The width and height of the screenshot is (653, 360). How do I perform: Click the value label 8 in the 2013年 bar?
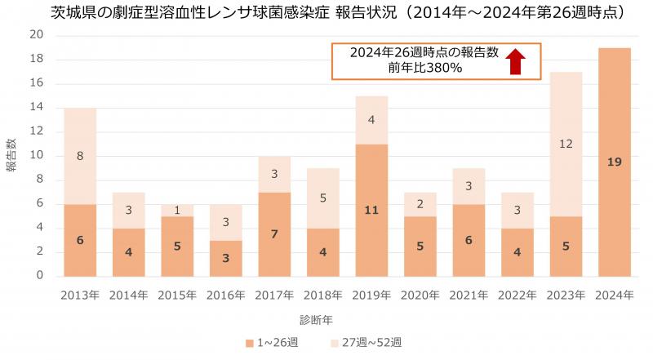(x=80, y=156)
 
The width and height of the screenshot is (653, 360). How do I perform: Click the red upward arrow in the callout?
(x=514, y=61)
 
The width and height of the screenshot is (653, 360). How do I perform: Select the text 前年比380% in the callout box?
(x=425, y=69)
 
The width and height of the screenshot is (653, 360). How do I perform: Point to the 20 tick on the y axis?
(x=36, y=34)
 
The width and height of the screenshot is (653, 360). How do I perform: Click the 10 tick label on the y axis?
(x=36, y=155)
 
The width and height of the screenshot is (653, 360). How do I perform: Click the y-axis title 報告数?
(x=12, y=155)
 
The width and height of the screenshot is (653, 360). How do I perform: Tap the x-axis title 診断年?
(x=322, y=318)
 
